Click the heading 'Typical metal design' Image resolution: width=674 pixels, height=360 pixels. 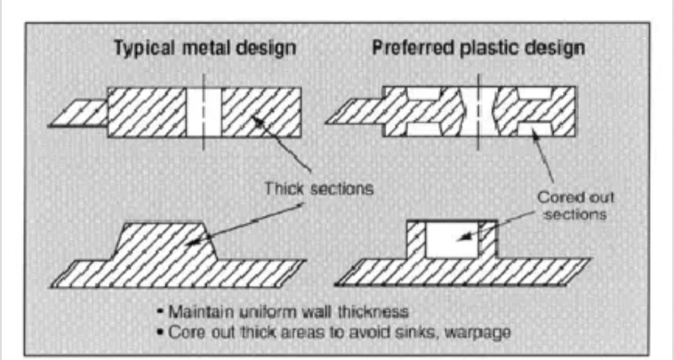[x=205, y=48]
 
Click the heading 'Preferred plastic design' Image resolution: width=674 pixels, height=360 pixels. [x=479, y=48]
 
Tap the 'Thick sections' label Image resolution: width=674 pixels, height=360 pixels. [x=319, y=188]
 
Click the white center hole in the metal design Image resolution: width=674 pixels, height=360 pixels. [x=204, y=113]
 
